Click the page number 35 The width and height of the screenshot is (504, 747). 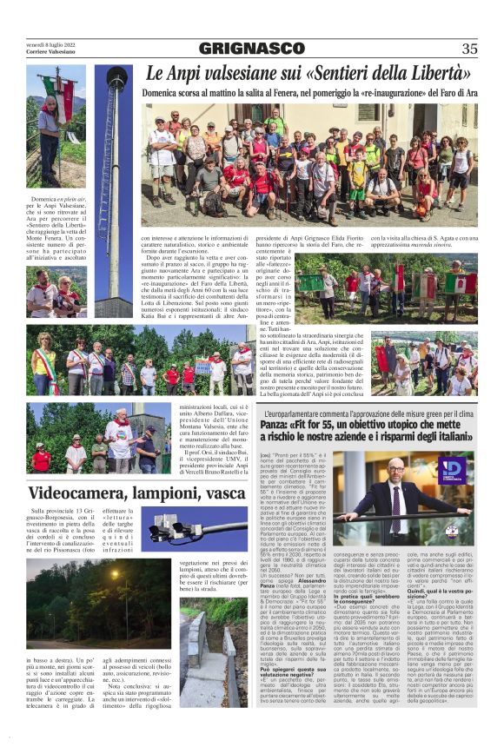[469, 49]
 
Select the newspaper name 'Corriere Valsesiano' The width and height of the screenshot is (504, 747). [51, 53]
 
